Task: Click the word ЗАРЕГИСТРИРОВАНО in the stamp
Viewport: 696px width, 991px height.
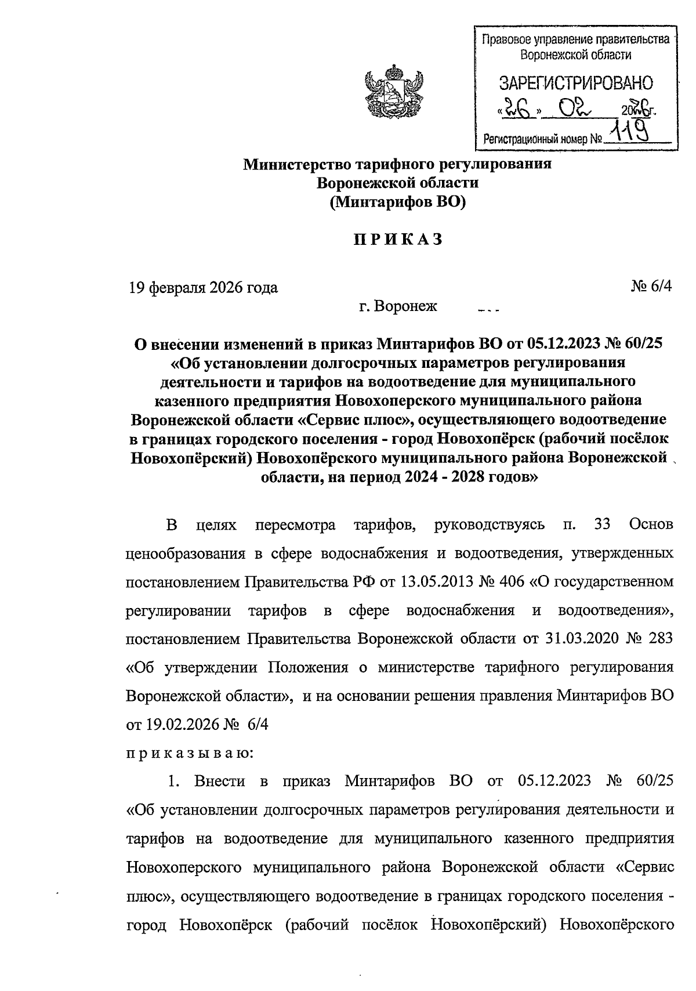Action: (x=576, y=84)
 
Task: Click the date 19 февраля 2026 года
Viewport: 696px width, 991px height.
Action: (x=203, y=287)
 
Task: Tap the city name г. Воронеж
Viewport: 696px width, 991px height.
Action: (x=398, y=306)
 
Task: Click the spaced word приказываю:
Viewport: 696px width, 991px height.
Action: (x=190, y=753)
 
